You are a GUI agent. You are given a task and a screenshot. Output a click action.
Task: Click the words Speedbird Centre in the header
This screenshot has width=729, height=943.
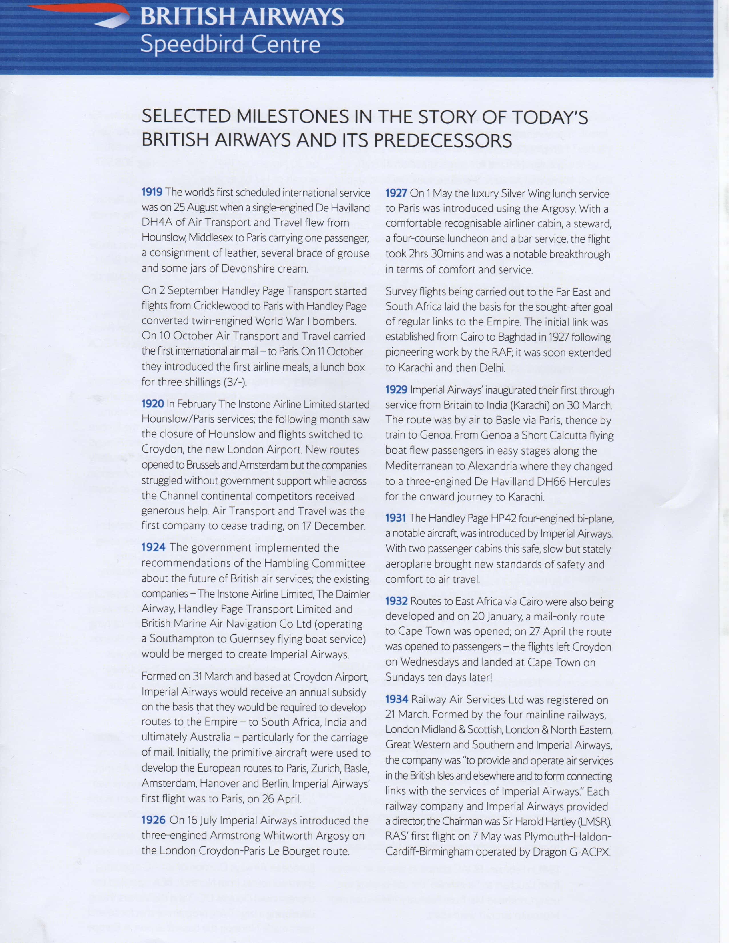pyautogui.click(x=230, y=45)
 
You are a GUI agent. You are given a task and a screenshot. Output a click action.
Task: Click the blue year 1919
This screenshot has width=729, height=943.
pyautogui.click(x=152, y=193)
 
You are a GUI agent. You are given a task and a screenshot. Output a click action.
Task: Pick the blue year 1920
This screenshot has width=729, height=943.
pyautogui.click(x=152, y=404)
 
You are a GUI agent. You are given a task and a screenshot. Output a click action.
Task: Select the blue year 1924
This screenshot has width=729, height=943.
pyautogui.click(x=153, y=548)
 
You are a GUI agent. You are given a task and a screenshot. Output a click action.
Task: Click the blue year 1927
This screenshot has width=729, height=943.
pyautogui.click(x=396, y=193)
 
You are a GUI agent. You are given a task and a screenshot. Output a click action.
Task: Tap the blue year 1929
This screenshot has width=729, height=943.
pyautogui.click(x=396, y=390)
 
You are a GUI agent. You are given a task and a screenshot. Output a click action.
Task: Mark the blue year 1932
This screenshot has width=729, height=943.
pyautogui.click(x=396, y=601)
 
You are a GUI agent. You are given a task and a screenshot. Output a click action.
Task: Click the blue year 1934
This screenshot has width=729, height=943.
pyautogui.click(x=396, y=700)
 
